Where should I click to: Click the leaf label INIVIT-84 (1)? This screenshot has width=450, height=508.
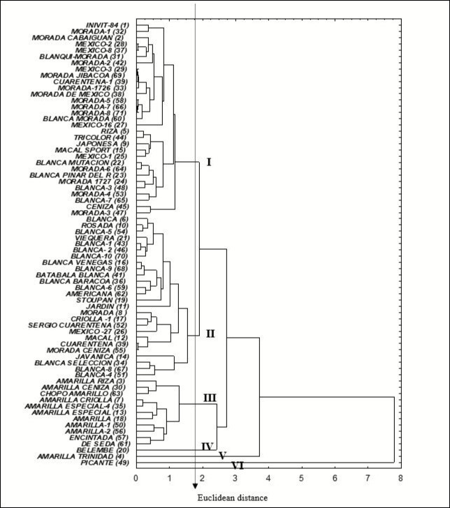click(x=106, y=25)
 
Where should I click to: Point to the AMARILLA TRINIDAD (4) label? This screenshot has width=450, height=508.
click(x=85, y=457)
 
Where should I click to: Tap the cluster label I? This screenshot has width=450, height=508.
click(x=208, y=162)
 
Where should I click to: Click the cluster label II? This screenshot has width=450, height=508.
click(x=210, y=334)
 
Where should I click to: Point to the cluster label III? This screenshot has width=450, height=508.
click(x=210, y=398)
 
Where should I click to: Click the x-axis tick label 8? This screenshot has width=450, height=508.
click(x=401, y=479)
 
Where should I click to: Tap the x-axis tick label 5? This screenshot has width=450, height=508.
click(x=301, y=479)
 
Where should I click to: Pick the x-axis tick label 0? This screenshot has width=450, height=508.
click(x=136, y=479)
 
